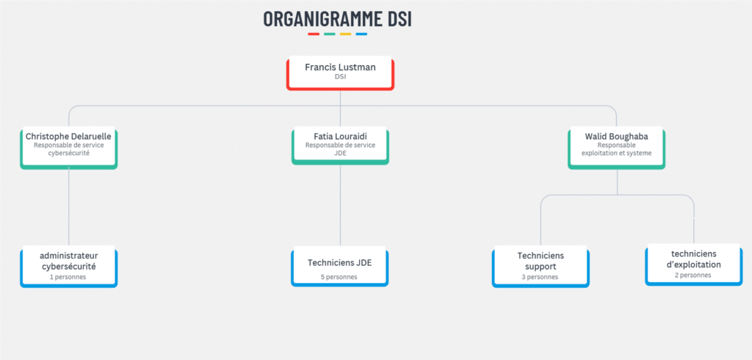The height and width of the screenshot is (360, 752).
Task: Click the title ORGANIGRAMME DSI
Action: click(x=337, y=19)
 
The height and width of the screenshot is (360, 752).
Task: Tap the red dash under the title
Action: click(x=314, y=34)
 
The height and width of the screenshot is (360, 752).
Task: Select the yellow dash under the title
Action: click(x=345, y=34)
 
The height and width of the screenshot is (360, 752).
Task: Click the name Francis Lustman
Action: click(x=340, y=67)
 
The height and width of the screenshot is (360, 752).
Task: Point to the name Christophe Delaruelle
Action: click(x=68, y=137)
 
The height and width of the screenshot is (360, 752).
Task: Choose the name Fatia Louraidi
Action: click(x=340, y=137)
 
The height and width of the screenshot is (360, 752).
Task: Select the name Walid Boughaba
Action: click(x=616, y=137)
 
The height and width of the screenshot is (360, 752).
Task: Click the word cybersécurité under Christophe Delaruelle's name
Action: click(x=68, y=153)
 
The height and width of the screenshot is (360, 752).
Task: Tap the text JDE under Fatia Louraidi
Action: click(x=340, y=153)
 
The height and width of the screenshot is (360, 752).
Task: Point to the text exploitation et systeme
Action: click(x=616, y=153)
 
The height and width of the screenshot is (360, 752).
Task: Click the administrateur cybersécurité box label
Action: click(x=68, y=261)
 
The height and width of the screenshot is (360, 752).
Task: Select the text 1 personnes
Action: click(x=68, y=277)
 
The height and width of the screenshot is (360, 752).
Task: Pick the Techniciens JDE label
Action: click(x=339, y=262)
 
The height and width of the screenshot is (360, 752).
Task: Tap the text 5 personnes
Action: click(x=339, y=277)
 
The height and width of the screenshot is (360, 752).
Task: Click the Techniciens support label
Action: click(x=540, y=261)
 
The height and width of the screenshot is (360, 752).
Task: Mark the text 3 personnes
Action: click(x=540, y=277)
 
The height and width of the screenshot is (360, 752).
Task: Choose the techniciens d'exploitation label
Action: click(x=693, y=259)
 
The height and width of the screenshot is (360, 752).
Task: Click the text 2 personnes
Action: click(x=693, y=275)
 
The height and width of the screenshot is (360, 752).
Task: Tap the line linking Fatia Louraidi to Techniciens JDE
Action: click(x=340, y=206)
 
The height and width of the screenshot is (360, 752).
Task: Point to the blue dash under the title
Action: click(x=361, y=34)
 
